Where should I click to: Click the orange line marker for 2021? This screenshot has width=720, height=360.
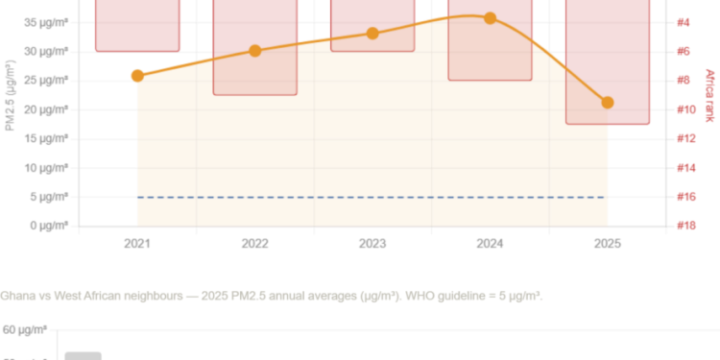tap(137, 75)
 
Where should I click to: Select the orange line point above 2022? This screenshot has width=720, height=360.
tap(255, 50)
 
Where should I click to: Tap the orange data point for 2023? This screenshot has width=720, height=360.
tap(372, 34)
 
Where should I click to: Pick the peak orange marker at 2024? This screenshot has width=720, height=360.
tap(490, 18)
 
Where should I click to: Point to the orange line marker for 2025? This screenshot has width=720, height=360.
tap(607, 103)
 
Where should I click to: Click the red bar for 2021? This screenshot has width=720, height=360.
tap(137, 26)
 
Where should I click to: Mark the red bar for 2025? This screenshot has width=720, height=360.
tap(607, 62)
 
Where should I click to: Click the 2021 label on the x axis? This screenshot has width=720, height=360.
tap(137, 244)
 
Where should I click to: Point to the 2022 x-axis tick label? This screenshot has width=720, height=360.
tap(255, 244)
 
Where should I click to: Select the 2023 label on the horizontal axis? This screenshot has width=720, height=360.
tap(372, 244)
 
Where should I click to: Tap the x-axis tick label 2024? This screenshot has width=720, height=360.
tap(490, 244)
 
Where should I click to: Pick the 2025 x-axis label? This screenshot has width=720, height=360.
tap(607, 244)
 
